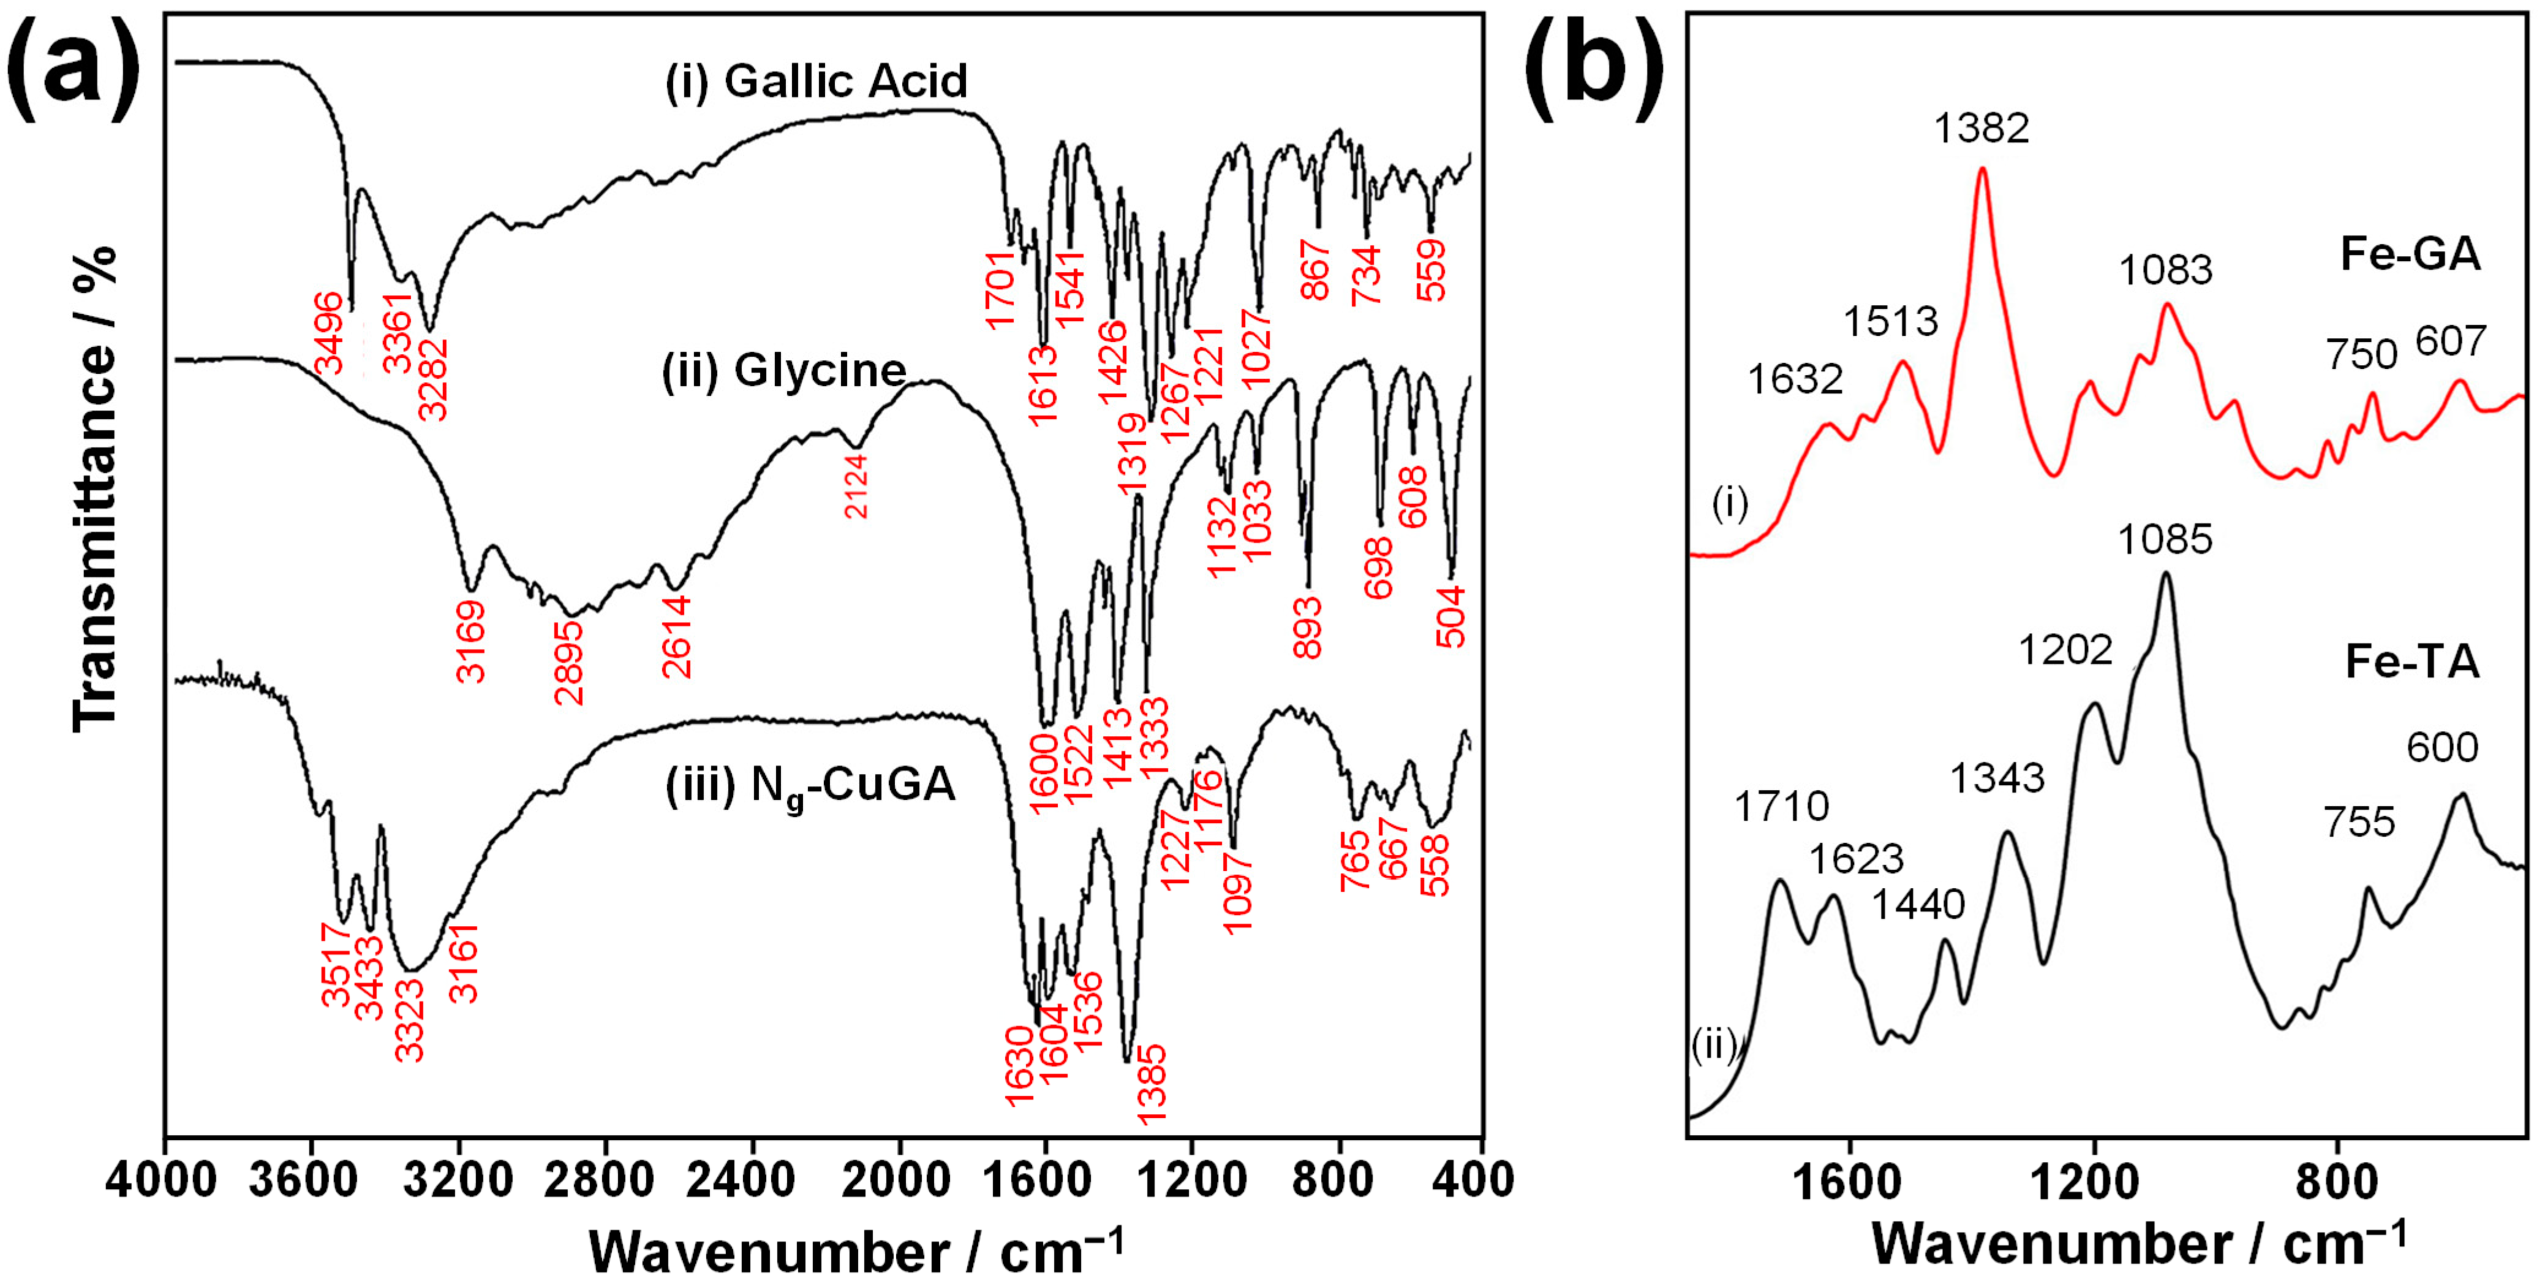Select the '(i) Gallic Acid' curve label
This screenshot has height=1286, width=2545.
[815, 81]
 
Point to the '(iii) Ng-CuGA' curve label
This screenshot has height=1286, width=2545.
[810, 786]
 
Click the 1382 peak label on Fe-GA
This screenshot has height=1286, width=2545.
[1981, 129]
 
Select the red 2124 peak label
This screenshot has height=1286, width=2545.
[856, 486]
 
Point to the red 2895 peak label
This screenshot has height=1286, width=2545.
[570, 662]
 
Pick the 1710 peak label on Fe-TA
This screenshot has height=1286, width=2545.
[1781, 807]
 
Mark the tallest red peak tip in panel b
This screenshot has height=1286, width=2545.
[1981, 169]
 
